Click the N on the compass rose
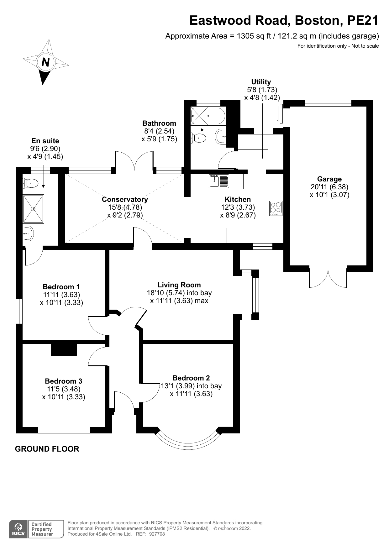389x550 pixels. point(46,62)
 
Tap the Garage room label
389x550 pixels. point(329,179)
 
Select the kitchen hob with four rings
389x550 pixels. point(276,208)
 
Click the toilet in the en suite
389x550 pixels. point(30,183)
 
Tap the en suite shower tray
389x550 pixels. point(33,209)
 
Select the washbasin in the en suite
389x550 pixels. point(28,233)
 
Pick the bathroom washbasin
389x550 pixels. point(221,137)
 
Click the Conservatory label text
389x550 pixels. point(125,199)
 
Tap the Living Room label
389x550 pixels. point(179,285)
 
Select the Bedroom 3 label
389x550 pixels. point(64,381)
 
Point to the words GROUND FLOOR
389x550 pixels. point(47,449)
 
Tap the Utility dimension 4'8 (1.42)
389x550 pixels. point(262,97)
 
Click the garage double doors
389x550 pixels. point(328,278)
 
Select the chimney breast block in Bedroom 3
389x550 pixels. point(64,350)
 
